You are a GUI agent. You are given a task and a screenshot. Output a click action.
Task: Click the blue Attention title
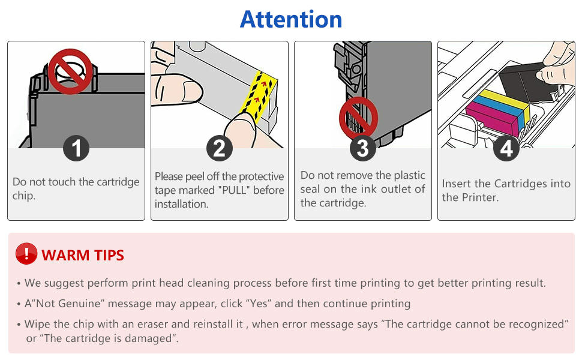[x=291, y=19]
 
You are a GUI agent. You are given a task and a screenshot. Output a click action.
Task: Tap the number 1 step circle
[x=76, y=148]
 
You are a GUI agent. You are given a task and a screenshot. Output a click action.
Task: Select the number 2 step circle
[x=219, y=148]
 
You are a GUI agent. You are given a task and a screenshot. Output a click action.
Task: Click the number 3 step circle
[x=362, y=148]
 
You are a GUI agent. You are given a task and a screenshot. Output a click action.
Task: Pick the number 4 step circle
[x=506, y=148]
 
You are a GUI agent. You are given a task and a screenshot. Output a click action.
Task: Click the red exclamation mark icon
[x=26, y=254]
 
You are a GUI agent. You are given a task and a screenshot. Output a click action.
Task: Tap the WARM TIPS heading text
[x=83, y=255]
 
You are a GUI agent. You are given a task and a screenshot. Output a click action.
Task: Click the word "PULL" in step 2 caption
[x=238, y=190]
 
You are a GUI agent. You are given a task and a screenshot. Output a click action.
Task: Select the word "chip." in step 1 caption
[x=24, y=196]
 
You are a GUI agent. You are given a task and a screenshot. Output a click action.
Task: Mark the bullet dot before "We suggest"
[x=19, y=283]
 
